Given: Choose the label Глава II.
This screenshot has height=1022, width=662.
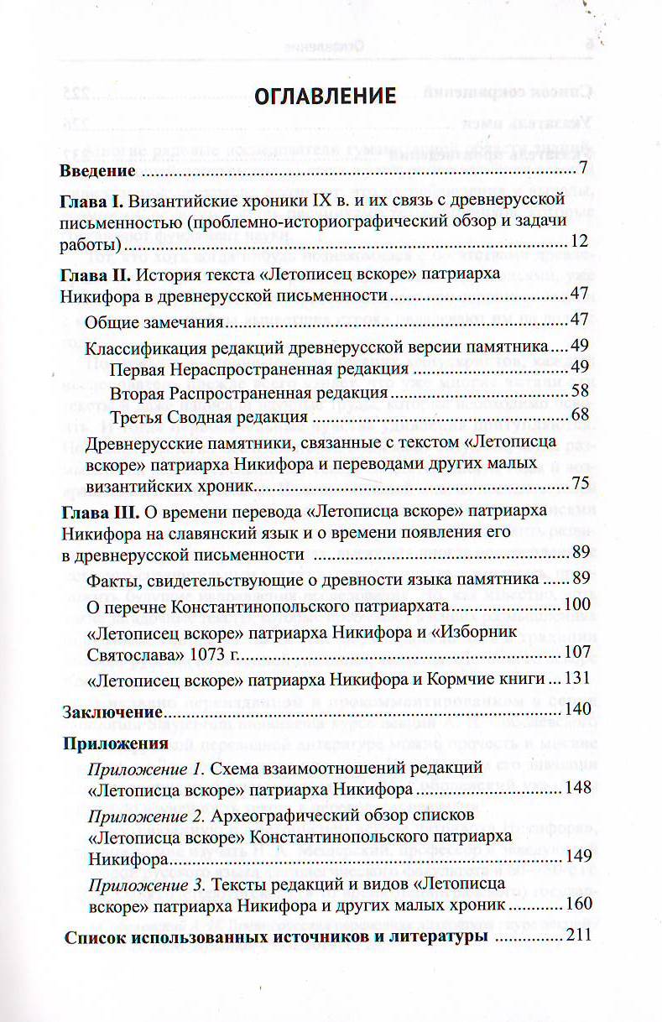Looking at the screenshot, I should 96,274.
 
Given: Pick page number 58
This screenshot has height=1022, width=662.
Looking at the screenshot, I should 581,391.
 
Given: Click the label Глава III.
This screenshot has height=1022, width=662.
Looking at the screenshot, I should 99,511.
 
